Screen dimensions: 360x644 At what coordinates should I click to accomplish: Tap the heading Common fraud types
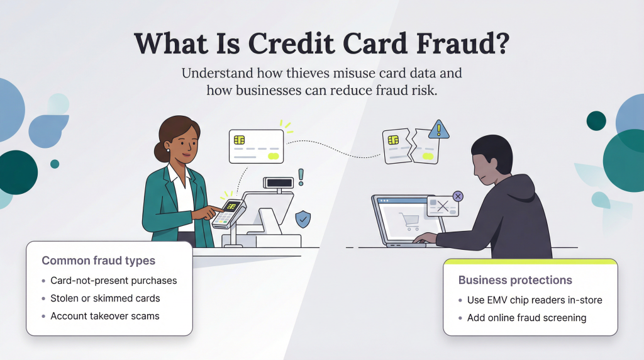pos(98,261)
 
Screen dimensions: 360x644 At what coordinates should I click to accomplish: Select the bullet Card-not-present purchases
pos(113,281)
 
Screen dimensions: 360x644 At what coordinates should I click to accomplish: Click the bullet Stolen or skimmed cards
pos(105,298)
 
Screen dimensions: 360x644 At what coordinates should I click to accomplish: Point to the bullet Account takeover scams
pos(104,316)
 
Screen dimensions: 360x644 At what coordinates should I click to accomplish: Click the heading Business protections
pos(515,281)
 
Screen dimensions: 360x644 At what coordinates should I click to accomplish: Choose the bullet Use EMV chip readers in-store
pos(535,300)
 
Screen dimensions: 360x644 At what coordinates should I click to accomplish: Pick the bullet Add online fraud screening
pos(526,318)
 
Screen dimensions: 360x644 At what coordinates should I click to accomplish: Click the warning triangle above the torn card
pos(439,130)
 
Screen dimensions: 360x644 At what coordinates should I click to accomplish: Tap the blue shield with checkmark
pos(303,219)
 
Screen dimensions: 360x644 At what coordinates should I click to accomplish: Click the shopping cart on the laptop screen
pos(409,220)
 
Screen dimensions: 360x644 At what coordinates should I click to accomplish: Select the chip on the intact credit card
pos(240,140)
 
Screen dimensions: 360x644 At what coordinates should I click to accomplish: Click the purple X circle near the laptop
pos(458,196)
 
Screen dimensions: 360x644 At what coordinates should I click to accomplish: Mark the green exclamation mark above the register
pos(301,177)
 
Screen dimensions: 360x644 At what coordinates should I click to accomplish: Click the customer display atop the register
pos(279,182)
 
